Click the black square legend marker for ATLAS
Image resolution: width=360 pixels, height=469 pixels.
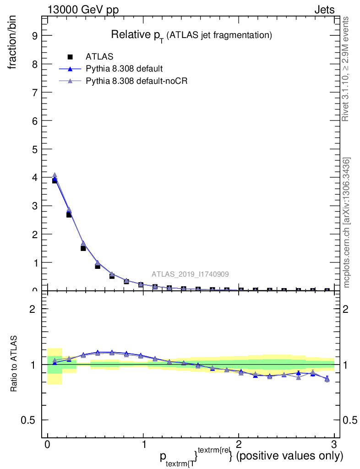point(70,57)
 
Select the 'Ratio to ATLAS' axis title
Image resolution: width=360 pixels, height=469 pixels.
point(14,364)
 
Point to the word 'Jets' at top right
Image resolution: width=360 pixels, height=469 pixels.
point(324,10)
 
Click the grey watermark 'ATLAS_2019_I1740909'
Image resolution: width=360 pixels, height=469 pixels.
point(191,274)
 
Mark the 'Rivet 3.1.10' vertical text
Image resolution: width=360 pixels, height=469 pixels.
point(346,69)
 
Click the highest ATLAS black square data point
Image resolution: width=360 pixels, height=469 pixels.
point(55,180)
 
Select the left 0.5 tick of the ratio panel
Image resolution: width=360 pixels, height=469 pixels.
point(30,420)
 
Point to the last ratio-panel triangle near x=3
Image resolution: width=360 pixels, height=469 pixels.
point(327,379)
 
